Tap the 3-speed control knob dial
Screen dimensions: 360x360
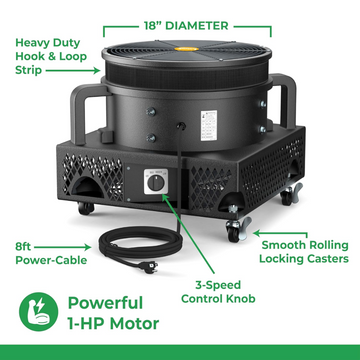click(156, 183)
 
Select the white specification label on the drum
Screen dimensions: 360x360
click(209, 125)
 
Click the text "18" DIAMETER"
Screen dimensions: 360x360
click(186, 26)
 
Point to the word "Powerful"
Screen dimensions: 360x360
click(105, 303)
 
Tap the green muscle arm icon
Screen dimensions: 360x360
click(39, 311)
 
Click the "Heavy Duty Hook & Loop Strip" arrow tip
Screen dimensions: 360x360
click(99, 71)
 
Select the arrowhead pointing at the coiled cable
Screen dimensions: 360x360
click(89, 247)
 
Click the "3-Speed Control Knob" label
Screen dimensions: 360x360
click(218, 292)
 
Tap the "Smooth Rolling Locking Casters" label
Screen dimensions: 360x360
click(304, 252)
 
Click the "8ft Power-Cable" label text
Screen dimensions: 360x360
click(51, 253)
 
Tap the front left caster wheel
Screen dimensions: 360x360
click(86, 208)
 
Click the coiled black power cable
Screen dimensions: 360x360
click(139, 245)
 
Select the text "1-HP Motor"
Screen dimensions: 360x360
click(113, 324)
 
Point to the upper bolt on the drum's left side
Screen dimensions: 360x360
click(151, 112)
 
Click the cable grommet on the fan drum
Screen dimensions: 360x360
click(182, 126)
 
